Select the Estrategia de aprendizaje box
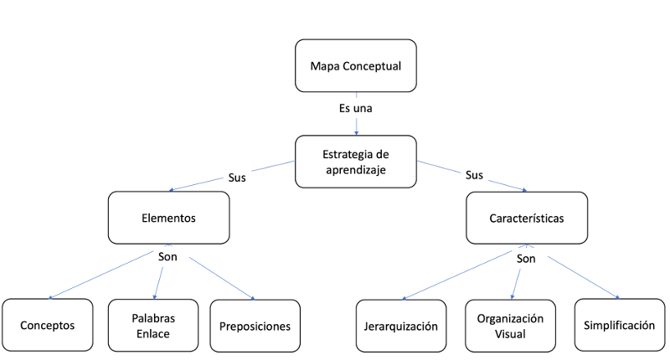coord(355,162)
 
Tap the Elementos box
coord(168,217)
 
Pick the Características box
coord(526,218)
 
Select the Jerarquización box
coord(400,325)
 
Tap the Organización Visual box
coord(510,325)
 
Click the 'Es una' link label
coord(356,109)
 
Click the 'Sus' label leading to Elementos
coord(238,177)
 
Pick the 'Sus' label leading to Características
coord(474,177)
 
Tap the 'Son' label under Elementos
coord(168,256)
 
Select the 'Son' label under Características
coord(526,259)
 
